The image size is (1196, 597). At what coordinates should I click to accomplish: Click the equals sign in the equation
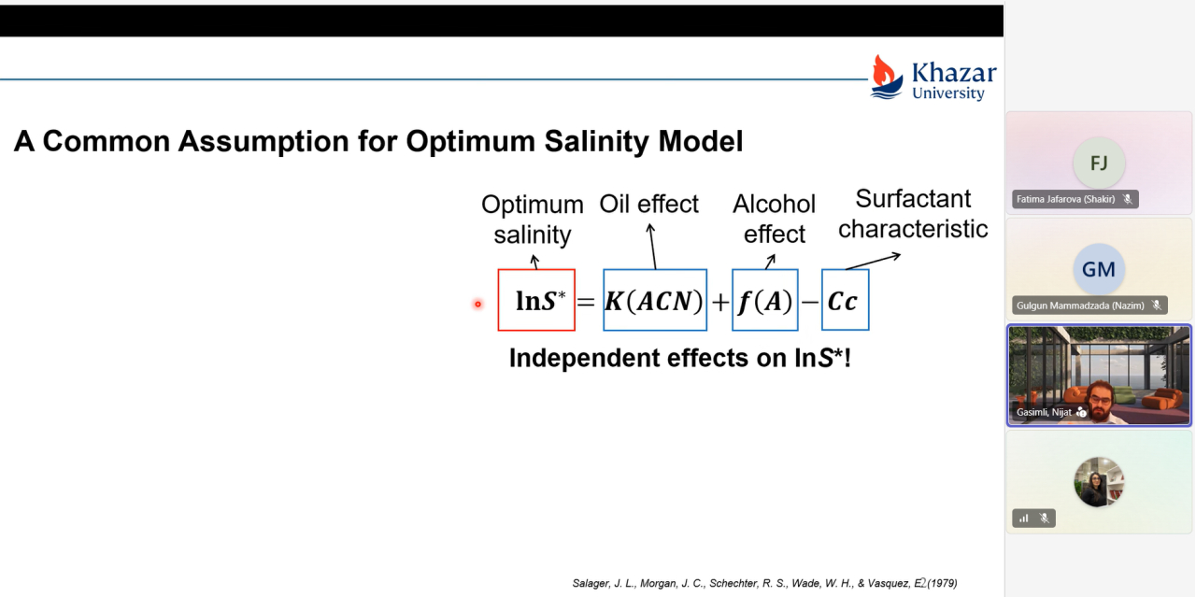tap(586, 302)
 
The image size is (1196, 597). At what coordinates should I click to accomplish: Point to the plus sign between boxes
tap(720, 303)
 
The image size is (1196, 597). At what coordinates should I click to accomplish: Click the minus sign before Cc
tap(809, 303)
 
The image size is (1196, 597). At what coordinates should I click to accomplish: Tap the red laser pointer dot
tap(477, 305)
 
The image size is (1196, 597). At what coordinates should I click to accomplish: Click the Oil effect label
tap(648, 204)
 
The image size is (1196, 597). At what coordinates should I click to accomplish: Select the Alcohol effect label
tap(775, 219)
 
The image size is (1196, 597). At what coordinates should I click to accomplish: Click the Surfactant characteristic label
tap(913, 214)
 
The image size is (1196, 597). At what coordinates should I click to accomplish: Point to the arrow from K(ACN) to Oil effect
tap(652, 246)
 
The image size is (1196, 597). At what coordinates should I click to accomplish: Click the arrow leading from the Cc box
tap(873, 262)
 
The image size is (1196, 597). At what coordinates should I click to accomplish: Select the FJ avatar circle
tap(1099, 163)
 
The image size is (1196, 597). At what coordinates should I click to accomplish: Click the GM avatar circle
tap(1099, 269)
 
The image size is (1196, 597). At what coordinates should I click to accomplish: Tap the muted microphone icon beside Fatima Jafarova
tap(1128, 199)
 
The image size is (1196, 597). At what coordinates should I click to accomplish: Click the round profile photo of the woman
tap(1099, 482)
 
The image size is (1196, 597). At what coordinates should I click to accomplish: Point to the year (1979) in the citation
tap(943, 583)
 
